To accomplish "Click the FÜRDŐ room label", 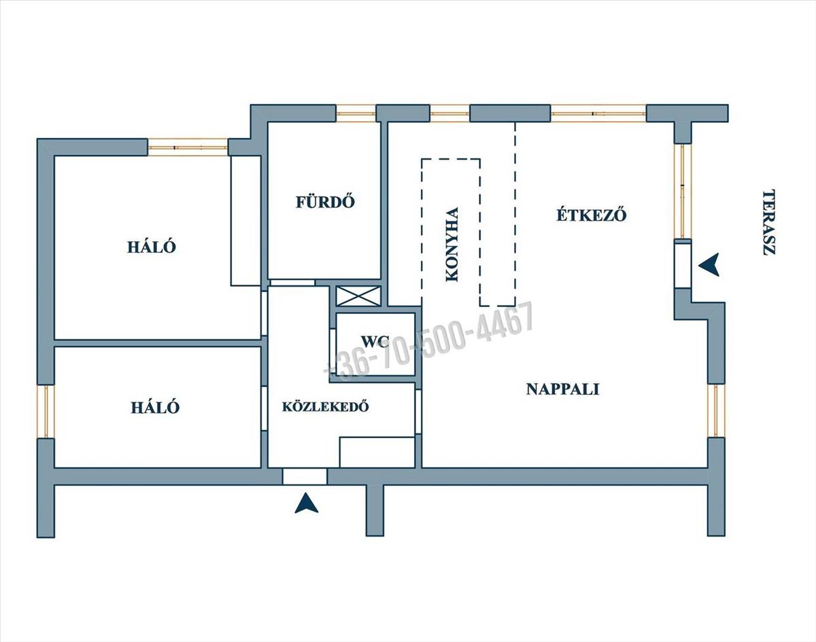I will (x=326, y=202).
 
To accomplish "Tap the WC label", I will (x=375, y=341).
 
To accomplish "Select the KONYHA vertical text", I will (x=451, y=245).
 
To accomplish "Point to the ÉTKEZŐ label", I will (x=591, y=215).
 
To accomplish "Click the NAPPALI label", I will (x=562, y=389).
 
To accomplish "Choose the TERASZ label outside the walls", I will (x=769, y=221).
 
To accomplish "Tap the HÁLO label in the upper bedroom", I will (x=152, y=247).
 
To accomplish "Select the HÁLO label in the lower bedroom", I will (x=155, y=408).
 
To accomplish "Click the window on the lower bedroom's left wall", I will (x=46, y=412).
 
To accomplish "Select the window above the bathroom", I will (x=356, y=113).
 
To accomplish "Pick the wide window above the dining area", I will (x=598, y=113).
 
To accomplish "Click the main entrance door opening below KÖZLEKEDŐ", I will (x=304, y=476).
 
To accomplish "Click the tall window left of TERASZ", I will (x=683, y=191).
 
